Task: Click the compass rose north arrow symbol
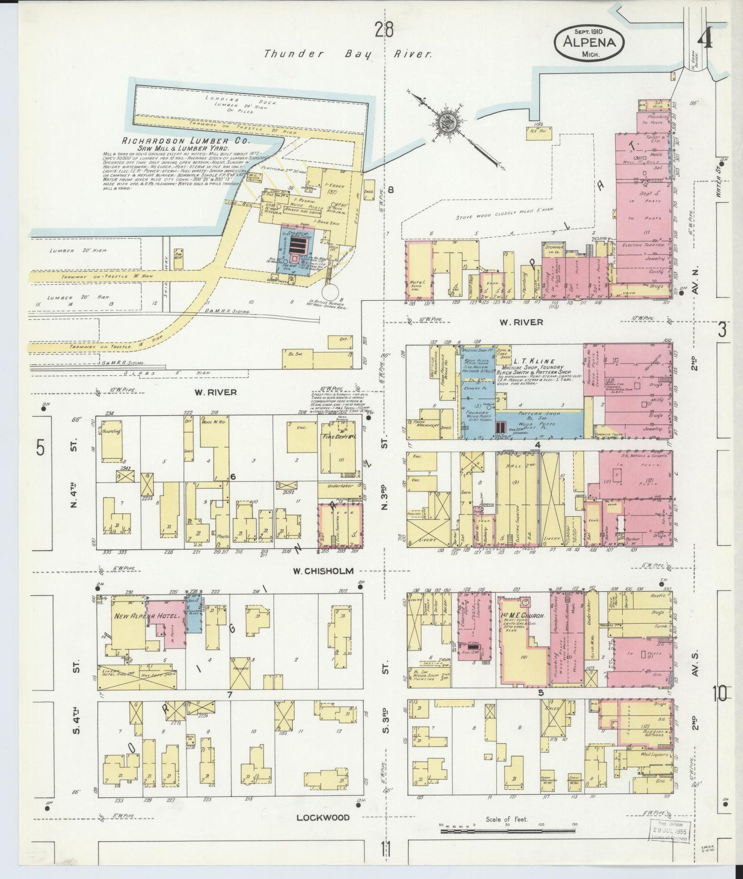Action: (445, 122)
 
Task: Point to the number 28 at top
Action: (384, 31)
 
